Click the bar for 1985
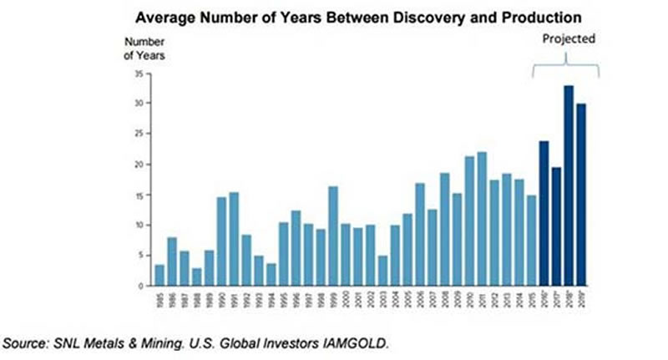tap(159, 275)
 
